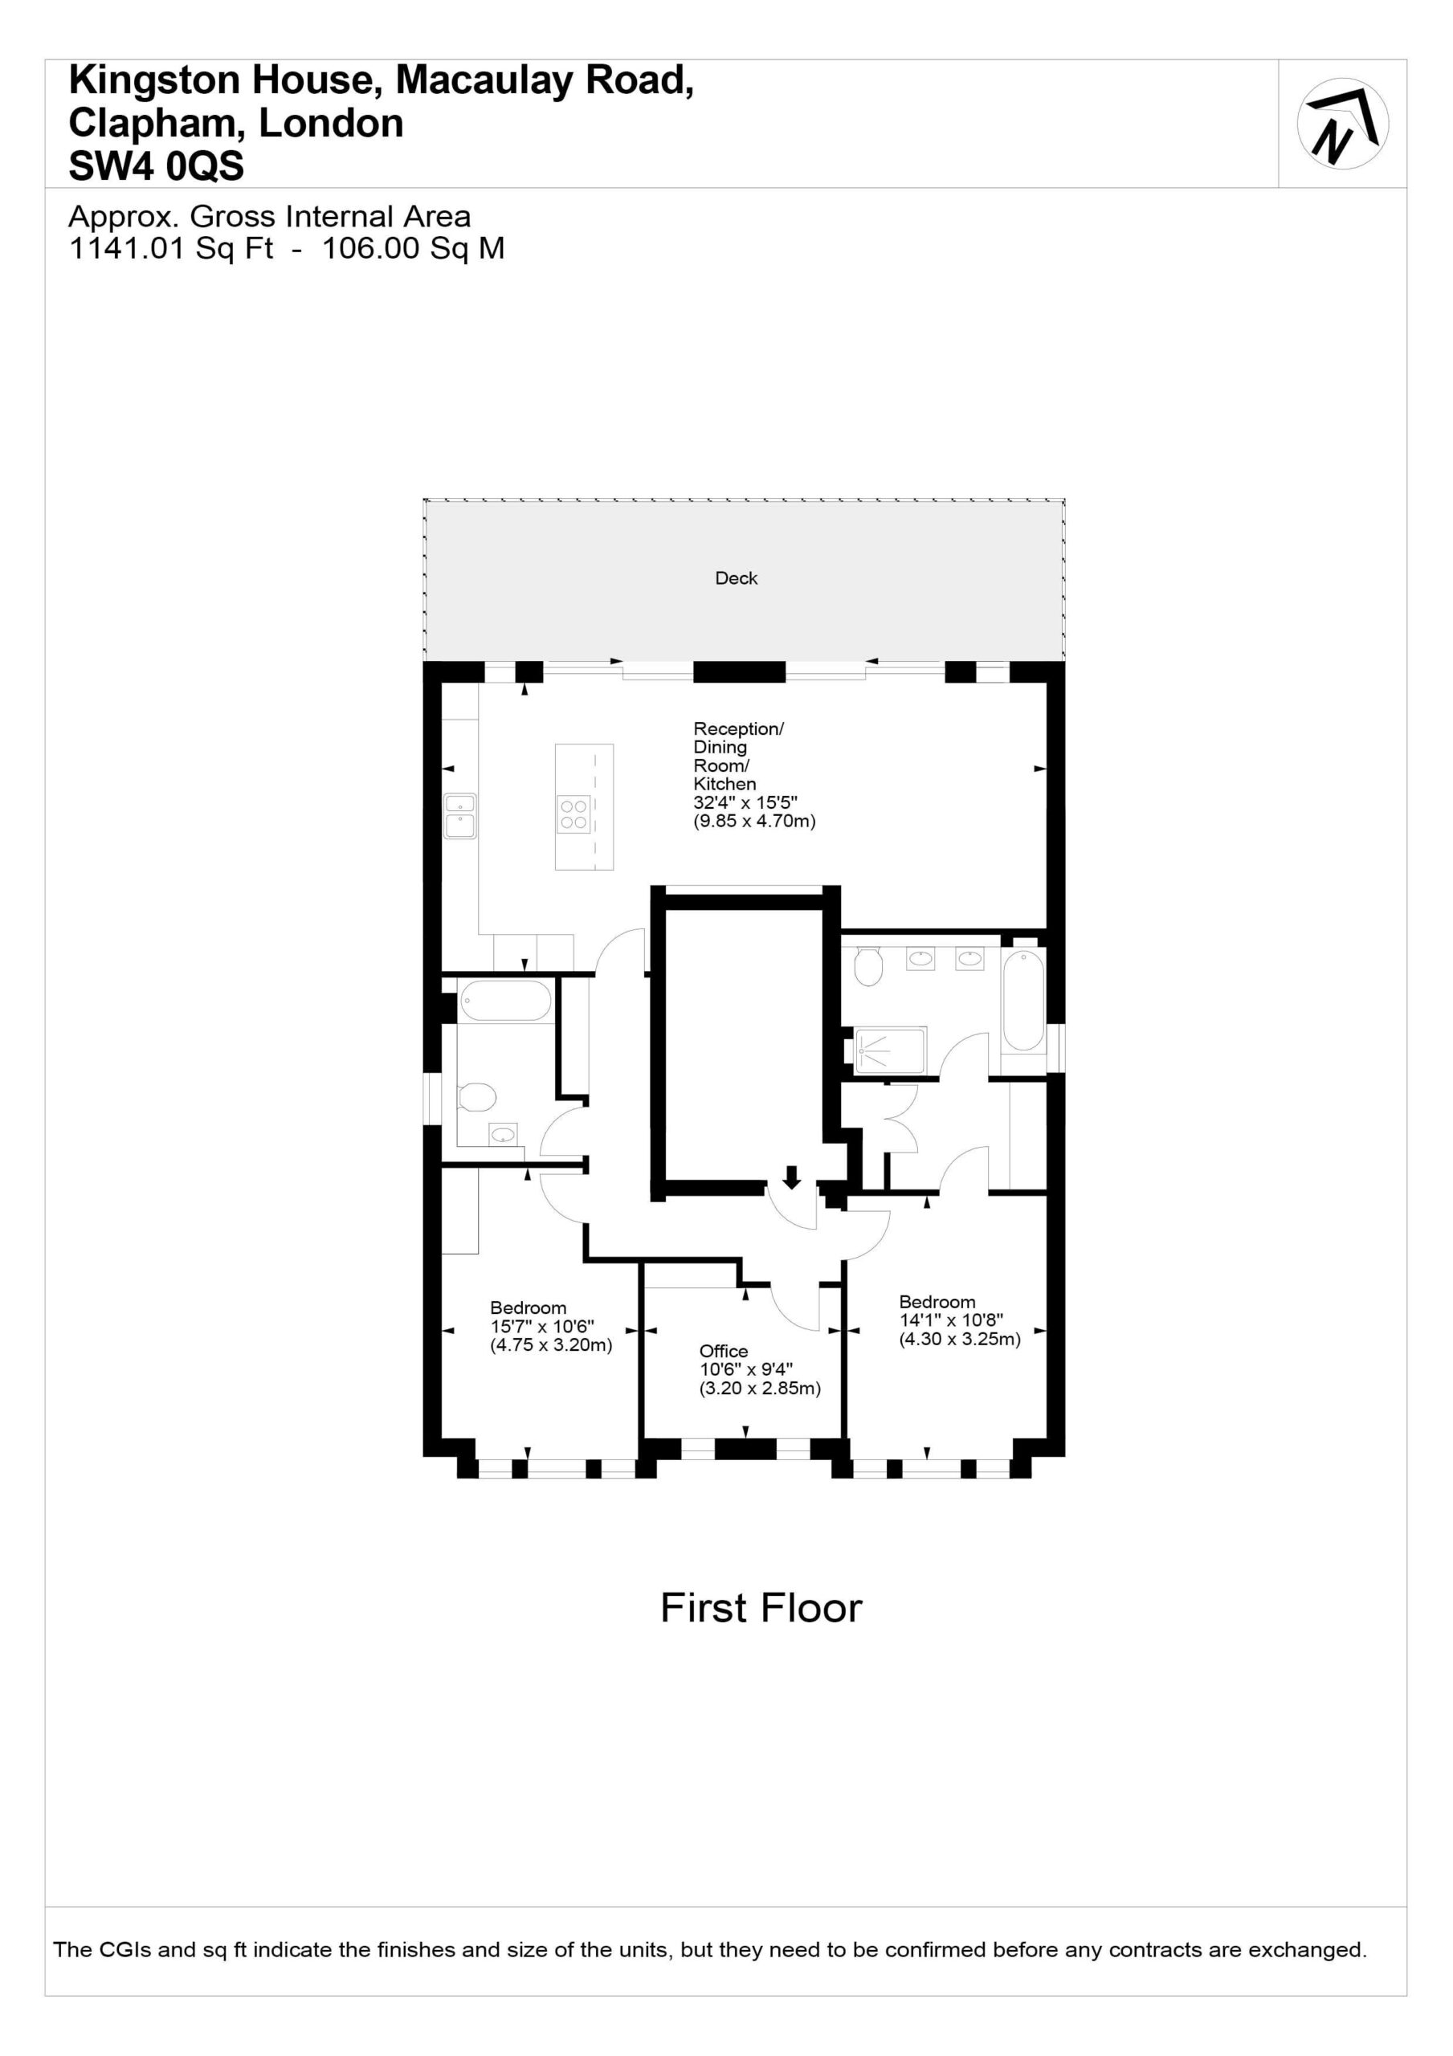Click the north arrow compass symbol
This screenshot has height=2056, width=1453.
(1342, 124)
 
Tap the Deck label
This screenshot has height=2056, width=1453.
(737, 578)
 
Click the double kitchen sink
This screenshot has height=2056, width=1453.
(460, 816)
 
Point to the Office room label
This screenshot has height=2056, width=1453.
(724, 1352)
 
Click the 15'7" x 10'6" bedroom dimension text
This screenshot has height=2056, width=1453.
(542, 1326)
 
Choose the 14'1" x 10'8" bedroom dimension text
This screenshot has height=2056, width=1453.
(951, 1320)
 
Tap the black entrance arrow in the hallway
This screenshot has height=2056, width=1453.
(791, 1177)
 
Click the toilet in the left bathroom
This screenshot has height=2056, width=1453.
(476, 1097)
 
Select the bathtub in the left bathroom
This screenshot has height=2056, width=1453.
(505, 1001)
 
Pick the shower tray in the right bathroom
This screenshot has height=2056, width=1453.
(889, 1050)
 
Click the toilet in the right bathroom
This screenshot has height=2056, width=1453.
(868, 966)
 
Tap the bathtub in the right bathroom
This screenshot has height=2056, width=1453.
(1023, 1000)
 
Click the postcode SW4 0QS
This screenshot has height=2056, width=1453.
(157, 166)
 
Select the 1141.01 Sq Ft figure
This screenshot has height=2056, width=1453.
(171, 248)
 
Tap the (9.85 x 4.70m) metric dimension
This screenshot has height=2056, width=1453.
(754, 821)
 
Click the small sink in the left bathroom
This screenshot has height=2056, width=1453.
(504, 1135)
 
